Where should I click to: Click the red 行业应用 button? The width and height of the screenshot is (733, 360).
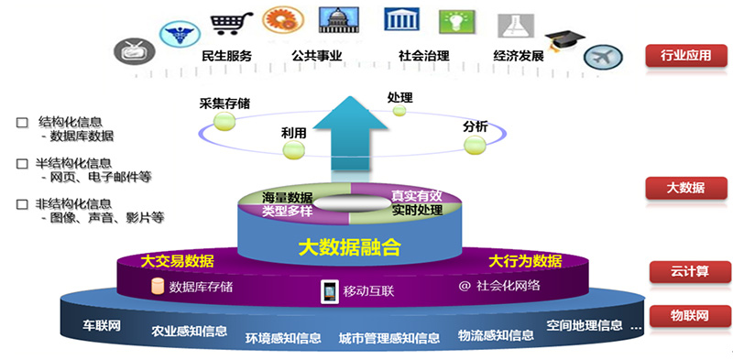[686, 56]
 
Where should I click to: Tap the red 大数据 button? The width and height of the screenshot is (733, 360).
[686, 188]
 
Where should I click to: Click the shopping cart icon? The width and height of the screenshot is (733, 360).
[231, 22]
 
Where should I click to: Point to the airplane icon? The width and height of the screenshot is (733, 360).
[603, 58]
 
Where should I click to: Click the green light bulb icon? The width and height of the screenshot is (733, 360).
[456, 21]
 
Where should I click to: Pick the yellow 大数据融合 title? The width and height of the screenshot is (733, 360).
[350, 248]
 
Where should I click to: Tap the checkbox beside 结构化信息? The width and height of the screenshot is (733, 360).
[22, 123]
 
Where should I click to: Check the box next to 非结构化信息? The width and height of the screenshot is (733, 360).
[22, 204]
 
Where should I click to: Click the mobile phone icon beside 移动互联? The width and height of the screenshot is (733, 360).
[330, 291]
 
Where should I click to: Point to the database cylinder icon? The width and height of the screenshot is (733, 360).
[158, 287]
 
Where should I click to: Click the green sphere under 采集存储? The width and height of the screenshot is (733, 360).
[224, 122]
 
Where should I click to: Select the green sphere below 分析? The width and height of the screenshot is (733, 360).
[475, 145]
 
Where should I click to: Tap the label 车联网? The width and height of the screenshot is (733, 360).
[102, 325]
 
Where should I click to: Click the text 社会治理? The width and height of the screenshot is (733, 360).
[424, 56]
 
